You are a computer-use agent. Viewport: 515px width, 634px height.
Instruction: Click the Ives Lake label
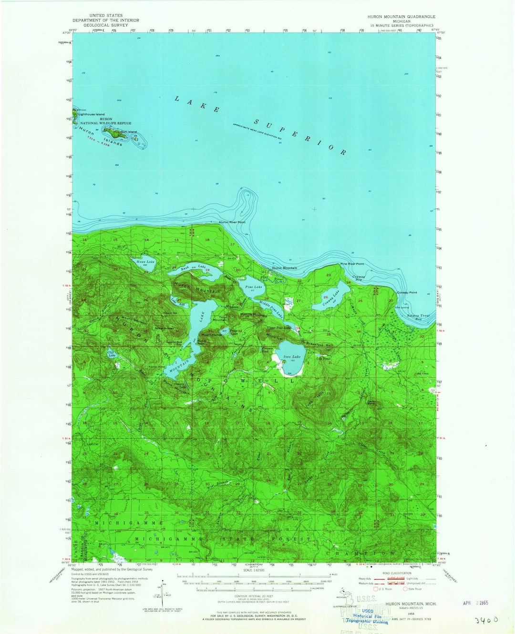pos(292,357)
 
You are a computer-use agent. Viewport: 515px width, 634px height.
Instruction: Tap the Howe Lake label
pos(145,262)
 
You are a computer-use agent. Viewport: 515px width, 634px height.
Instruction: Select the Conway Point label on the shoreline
pos(407,292)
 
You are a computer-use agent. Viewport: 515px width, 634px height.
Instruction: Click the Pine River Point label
pos(352,264)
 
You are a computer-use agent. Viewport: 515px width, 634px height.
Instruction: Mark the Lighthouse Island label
pos(92,114)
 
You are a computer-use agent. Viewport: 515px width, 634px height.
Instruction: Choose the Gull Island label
pos(129,132)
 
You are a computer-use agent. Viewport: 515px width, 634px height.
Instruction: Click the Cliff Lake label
pos(112,354)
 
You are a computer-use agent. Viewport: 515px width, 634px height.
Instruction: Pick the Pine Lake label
pos(254,287)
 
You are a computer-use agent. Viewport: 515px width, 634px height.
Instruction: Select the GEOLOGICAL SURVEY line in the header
pos(106,25)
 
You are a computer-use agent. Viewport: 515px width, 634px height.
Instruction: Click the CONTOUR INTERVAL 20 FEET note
pos(254,596)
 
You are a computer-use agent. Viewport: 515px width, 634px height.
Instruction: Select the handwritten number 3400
pos(486,620)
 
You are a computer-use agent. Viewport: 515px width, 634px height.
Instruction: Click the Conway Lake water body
pos(329,301)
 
